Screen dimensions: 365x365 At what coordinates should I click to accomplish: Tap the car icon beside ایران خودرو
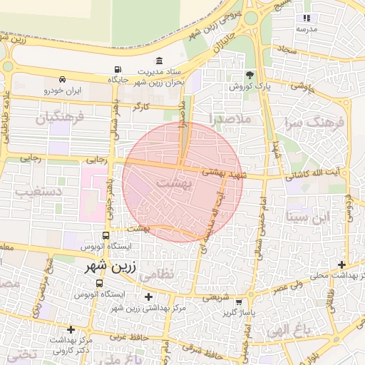tap(63, 79)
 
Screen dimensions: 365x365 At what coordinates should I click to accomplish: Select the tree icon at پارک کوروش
tap(250, 74)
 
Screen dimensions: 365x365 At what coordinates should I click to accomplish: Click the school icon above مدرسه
tap(307, 18)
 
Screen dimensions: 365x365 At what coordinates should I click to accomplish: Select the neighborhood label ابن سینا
tap(307, 216)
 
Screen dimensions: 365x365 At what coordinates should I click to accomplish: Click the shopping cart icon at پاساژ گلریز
tap(248, 302)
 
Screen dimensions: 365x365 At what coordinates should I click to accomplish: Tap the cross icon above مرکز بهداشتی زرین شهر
tap(148, 297)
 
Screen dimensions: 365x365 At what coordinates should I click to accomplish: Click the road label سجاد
tap(287, 50)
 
